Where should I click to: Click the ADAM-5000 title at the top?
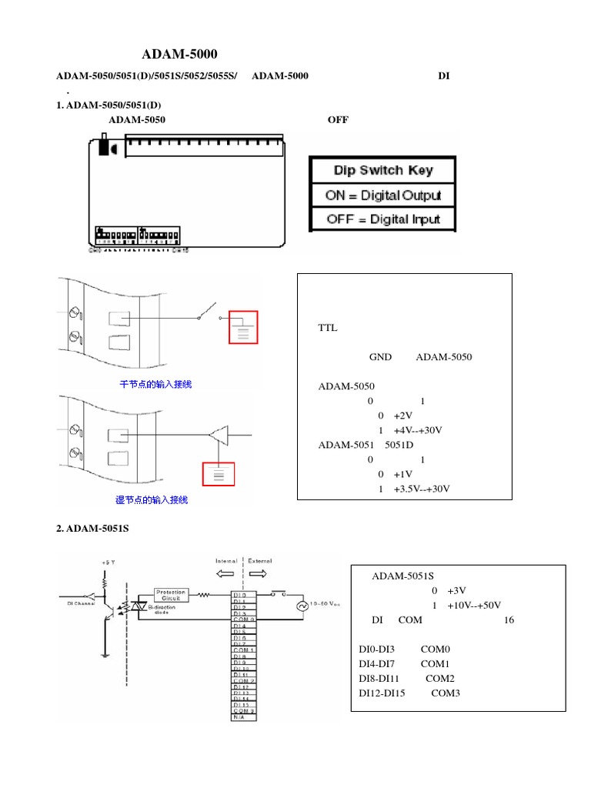tap(180, 55)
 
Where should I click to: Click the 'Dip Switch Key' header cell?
tap(382, 170)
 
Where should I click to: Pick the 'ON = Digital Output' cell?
tap(382, 195)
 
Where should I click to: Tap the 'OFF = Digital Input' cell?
tap(382, 219)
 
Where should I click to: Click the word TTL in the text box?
tap(328, 327)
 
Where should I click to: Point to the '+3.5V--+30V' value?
tap(421, 489)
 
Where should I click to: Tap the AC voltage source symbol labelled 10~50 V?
tap(302, 606)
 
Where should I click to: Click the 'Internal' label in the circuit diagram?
tap(226, 560)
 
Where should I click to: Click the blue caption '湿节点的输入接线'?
tap(152, 500)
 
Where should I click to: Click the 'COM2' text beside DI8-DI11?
tap(439, 679)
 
